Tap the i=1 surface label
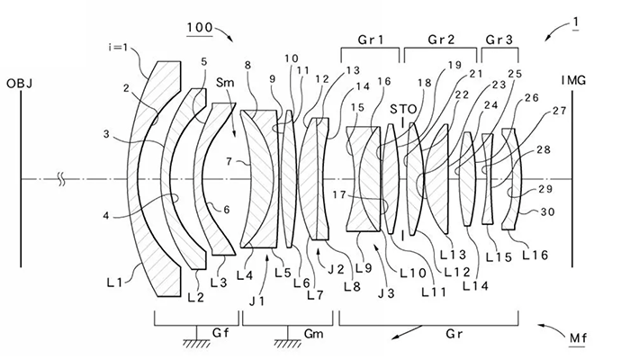tap(121, 46)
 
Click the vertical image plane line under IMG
tap(572, 180)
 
